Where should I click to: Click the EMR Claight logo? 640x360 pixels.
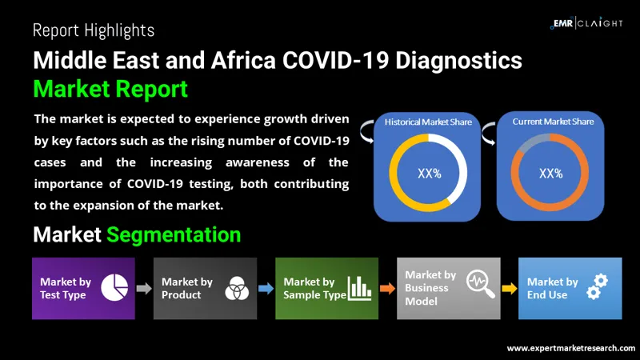(586, 23)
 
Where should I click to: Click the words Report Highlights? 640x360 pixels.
(94, 30)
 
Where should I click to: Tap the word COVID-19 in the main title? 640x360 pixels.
(334, 61)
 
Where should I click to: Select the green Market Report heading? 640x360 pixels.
(110, 89)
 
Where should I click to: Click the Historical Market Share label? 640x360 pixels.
(428, 122)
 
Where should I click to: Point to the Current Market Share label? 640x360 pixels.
(553, 122)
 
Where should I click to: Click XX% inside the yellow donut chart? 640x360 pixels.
(429, 174)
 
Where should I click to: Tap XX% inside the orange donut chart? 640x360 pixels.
(550, 174)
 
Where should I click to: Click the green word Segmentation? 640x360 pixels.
(174, 234)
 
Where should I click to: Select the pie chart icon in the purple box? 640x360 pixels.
(114, 287)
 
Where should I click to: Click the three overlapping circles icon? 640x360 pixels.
(237, 288)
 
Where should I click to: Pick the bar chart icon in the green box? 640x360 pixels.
(359, 288)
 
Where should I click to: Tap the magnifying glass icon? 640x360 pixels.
(481, 283)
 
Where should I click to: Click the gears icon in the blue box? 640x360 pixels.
(598, 286)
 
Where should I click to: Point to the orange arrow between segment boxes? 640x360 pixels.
(387, 289)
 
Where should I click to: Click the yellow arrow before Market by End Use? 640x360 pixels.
(510, 289)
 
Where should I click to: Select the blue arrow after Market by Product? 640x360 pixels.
(266, 289)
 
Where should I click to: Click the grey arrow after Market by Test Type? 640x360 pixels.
(144, 289)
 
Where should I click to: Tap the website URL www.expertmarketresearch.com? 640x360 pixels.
(571, 348)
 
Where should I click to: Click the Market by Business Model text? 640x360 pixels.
(430, 288)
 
